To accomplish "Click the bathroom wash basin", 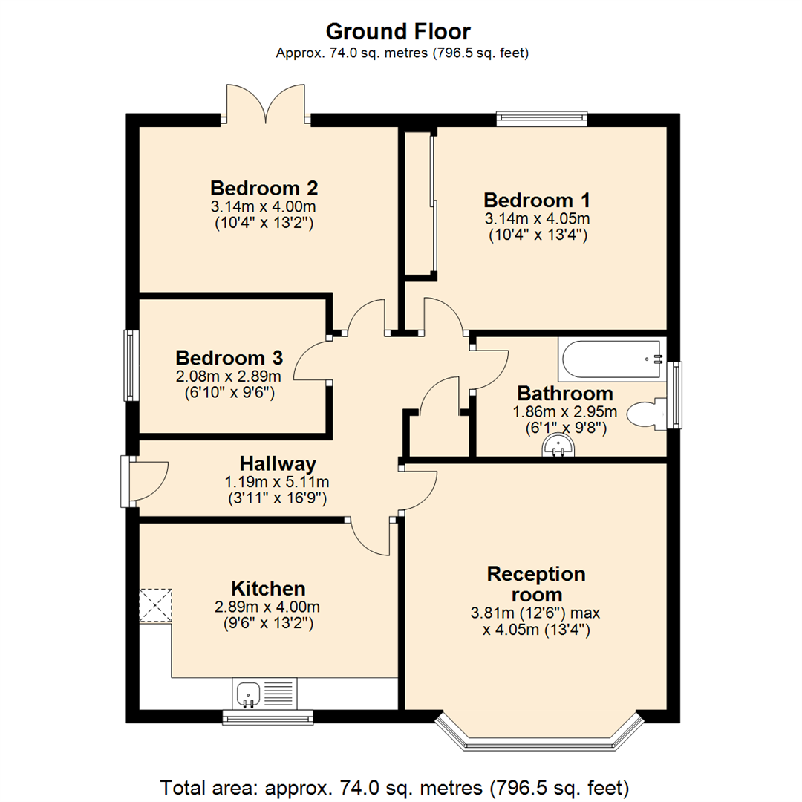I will click(558, 446).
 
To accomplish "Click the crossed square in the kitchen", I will click(155, 604).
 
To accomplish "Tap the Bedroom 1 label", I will click(537, 200).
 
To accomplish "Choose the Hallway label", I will click(276, 464).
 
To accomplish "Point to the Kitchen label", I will click(268, 588).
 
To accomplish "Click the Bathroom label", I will click(565, 393).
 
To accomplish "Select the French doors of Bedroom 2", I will click(265, 104).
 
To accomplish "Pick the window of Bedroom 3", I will click(131, 365).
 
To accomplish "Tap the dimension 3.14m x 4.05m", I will click(537, 219).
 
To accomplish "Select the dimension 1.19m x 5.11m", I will click(276, 482).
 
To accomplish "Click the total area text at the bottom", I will click(395, 786).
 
